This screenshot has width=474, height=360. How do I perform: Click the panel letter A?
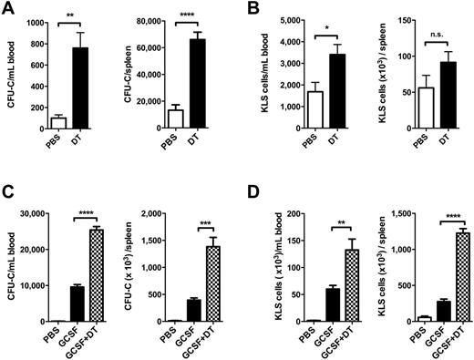pos(9,8)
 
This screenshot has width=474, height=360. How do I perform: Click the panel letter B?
pos(248,8)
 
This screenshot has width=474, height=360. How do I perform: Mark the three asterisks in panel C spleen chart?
pos(210,228)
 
